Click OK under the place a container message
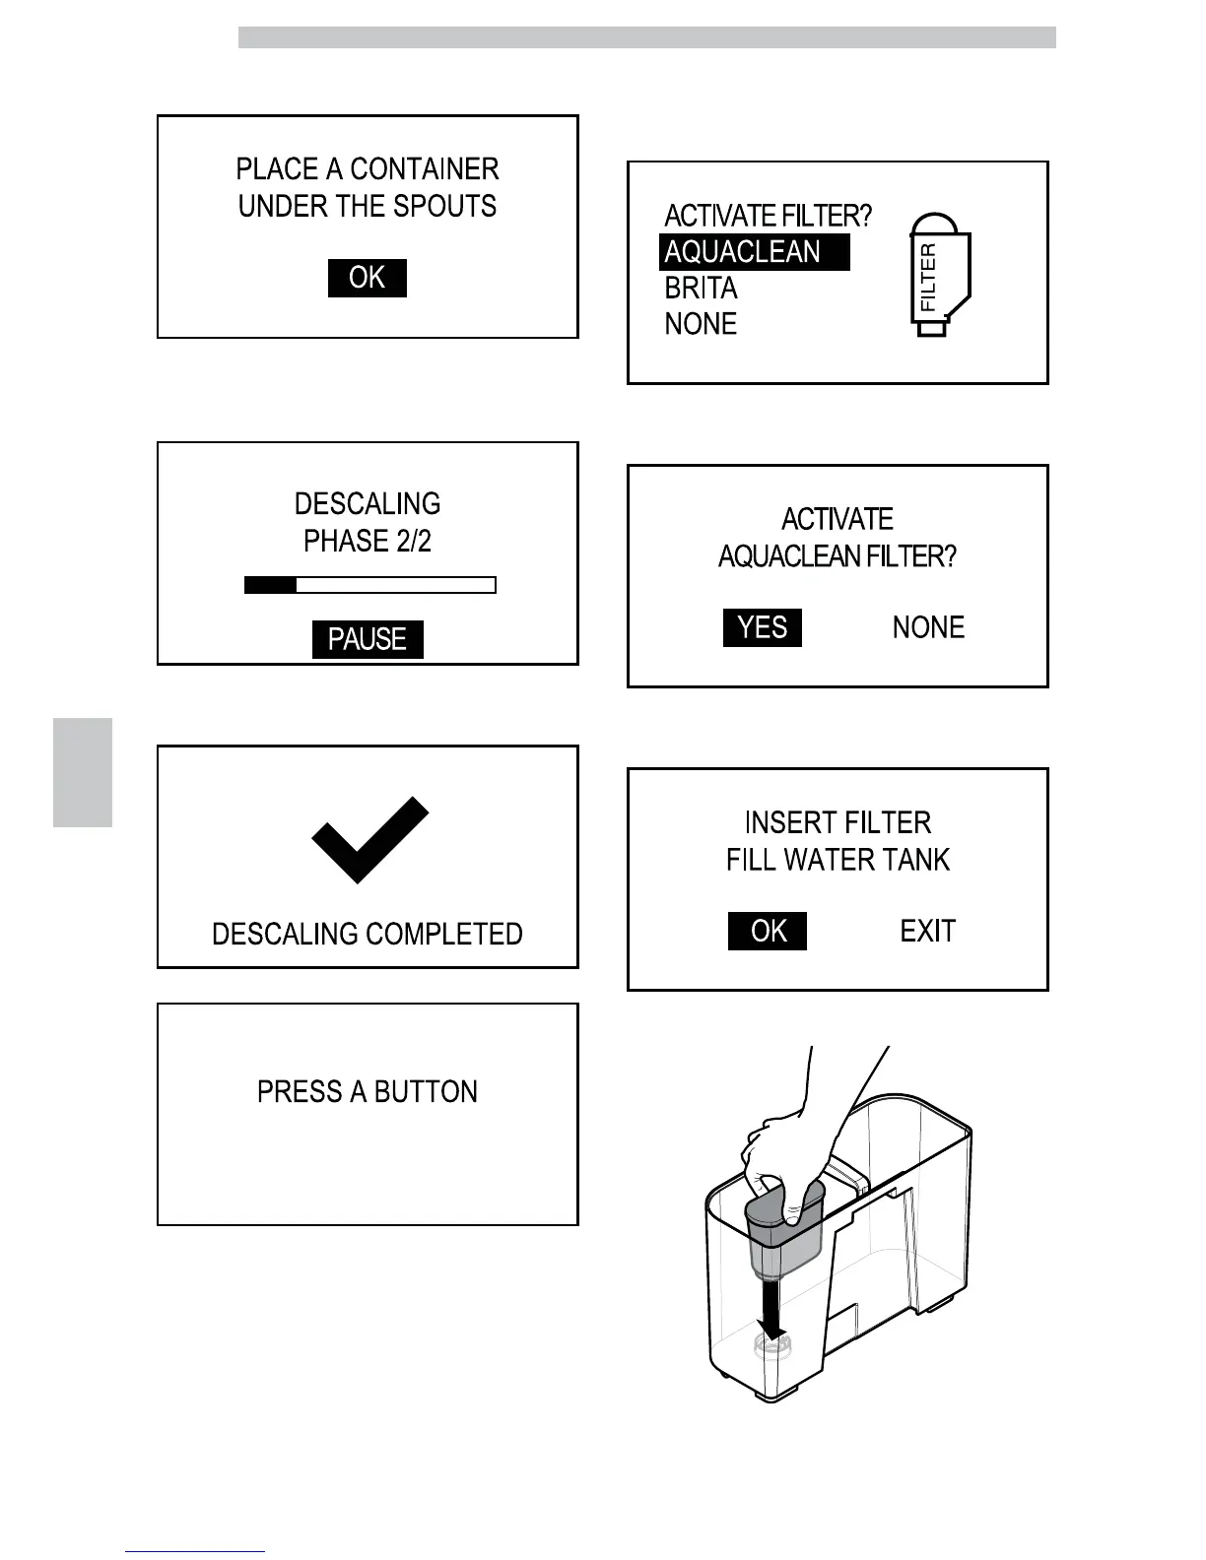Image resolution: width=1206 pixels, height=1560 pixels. pyautogui.click(x=367, y=278)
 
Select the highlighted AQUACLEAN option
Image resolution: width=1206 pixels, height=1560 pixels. pyautogui.click(x=754, y=252)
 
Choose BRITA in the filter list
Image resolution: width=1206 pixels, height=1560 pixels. pyautogui.click(x=701, y=289)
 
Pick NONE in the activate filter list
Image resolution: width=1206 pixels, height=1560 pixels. pyautogui.click(x=701, y=324)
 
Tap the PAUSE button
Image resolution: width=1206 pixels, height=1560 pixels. pyautogui.click(x=368, y=639)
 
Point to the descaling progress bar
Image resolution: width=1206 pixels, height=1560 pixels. pyautogui.click(x=369, y=585)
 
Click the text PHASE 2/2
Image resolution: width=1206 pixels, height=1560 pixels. pyautogui.click(x=368, y=541)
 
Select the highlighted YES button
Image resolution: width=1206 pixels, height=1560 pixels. pyautogui.click(x=763, y=627)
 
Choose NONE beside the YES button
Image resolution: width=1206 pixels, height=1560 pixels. pyautogui.click(x=928, y=627)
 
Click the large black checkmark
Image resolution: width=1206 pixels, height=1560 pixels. pyautogui.click(x=369, y=839)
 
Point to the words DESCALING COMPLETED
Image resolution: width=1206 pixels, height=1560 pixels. pyautogui.click(x=368, y=934)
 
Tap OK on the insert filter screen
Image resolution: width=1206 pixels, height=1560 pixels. pyautogui.click(x=768, y=931)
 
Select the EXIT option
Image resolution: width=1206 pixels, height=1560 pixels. pyautogui.click(x=928, y=931)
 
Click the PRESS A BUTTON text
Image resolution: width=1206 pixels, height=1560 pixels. pyautogui.click(x=368, y=1091)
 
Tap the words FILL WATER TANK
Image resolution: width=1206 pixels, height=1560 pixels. pyautogui.click(x=837, y=860)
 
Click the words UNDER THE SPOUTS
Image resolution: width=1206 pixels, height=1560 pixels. pyautogui.click(x=368, y=207)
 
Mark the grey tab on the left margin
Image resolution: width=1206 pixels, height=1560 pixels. pyautogui.click(x=83, y=772)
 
